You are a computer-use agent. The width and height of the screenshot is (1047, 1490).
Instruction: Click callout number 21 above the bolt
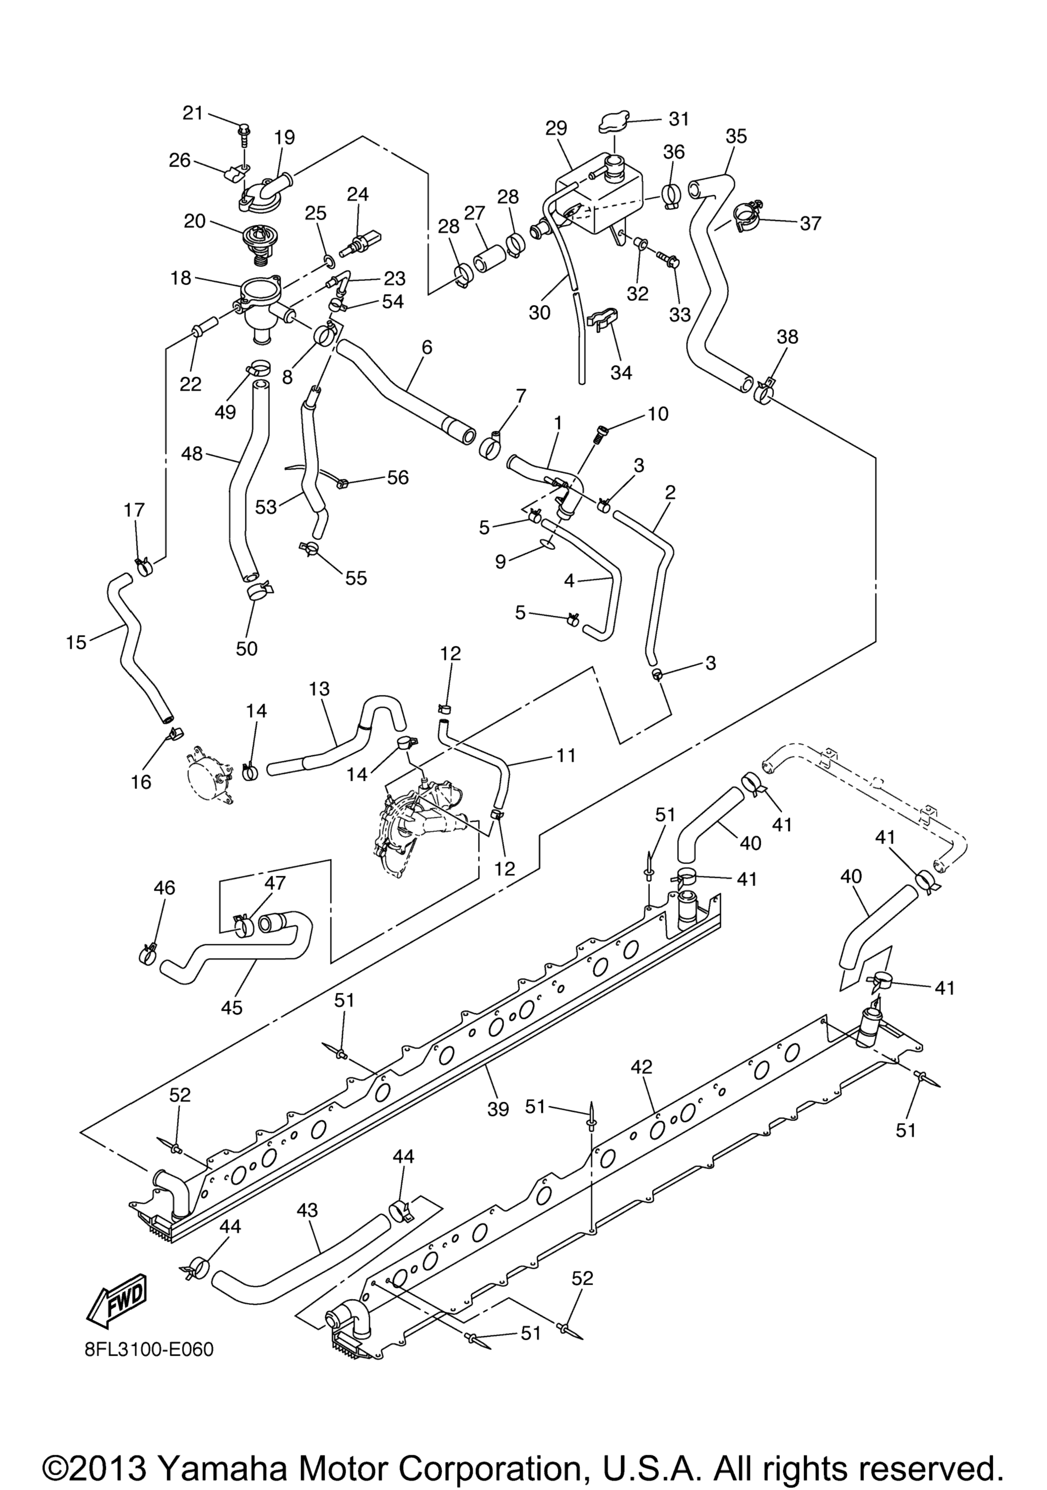(x=192, y=113)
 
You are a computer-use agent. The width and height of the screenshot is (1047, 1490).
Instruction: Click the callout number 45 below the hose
(x=232, y=1007)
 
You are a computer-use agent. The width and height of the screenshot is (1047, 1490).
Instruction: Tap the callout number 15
(x=76, y=642)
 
